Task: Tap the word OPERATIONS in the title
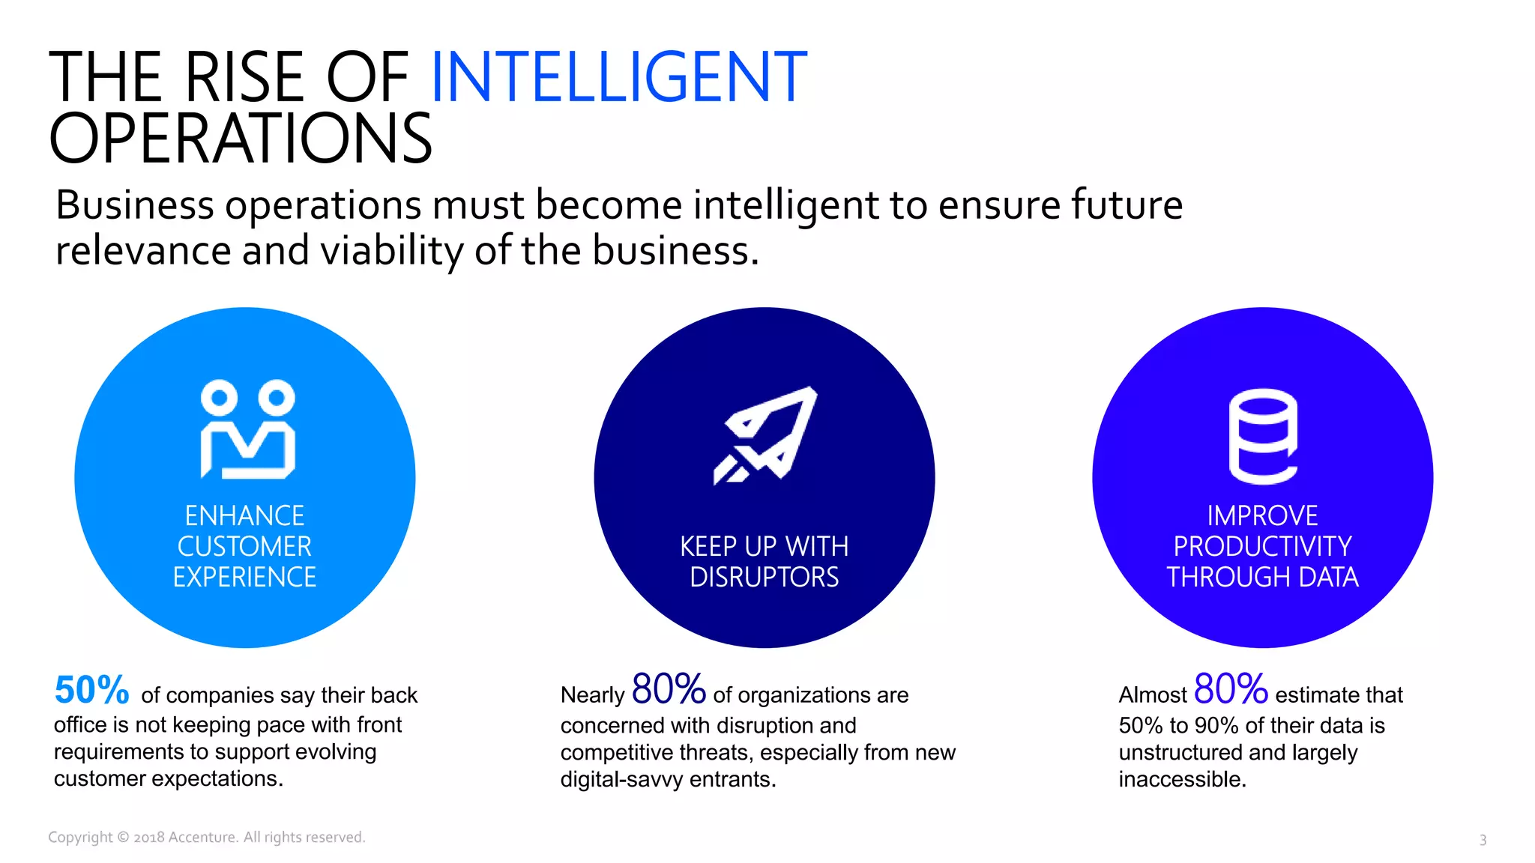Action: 241,139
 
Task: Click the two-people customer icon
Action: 247,429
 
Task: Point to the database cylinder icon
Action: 1263,436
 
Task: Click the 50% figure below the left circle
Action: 91,690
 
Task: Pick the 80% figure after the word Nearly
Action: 669,689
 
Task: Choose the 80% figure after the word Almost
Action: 1231,689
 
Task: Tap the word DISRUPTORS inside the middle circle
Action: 765,577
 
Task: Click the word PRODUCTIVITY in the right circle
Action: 1262,546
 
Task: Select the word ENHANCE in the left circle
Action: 244,515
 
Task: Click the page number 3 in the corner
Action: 1483,840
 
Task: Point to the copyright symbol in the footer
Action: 123,838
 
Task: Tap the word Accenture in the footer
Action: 202,838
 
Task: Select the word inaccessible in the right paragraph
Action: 1182,779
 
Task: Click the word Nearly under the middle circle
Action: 592,695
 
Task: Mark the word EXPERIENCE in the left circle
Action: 244,577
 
